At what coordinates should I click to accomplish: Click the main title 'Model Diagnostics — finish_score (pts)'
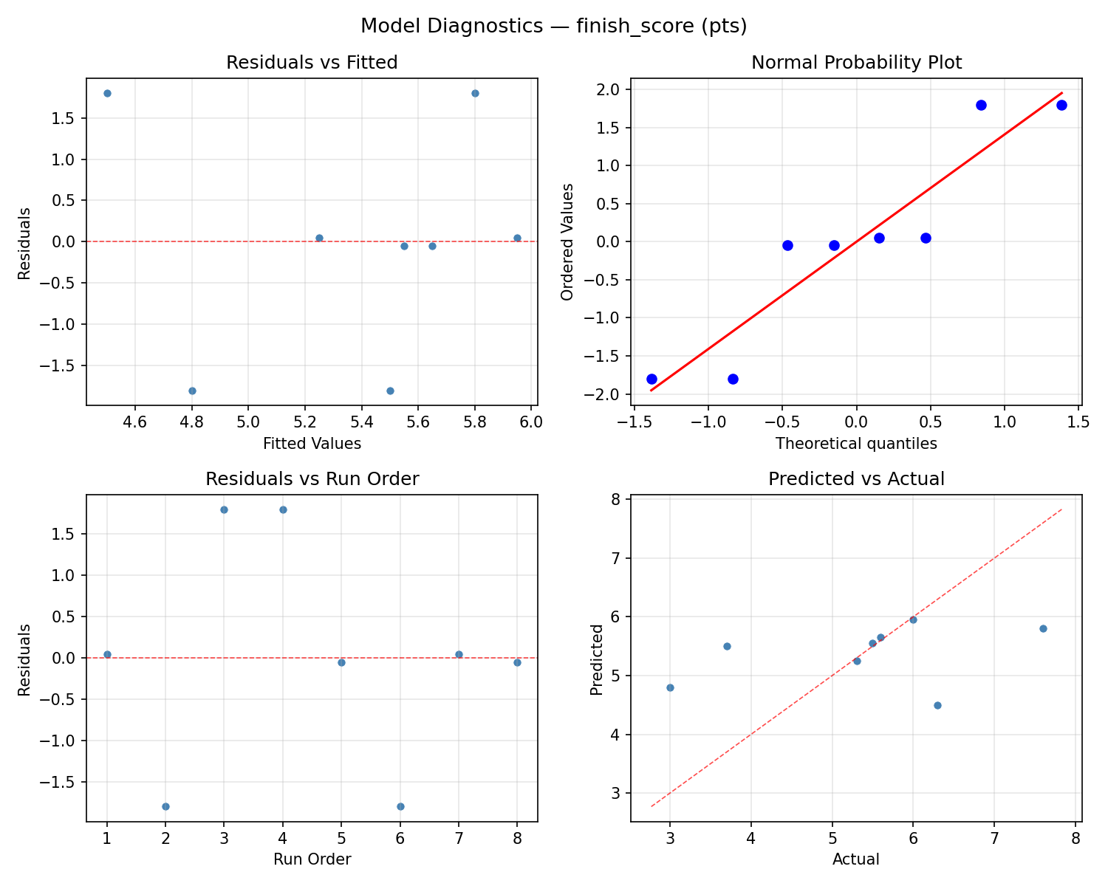point(553,26)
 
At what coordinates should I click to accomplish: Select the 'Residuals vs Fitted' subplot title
point(312,63)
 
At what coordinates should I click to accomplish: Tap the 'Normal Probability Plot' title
point(856,63)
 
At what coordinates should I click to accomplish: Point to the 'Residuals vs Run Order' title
point(312,479)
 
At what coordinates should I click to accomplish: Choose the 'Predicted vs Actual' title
point(856,479)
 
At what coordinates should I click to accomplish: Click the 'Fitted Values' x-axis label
point(312,444)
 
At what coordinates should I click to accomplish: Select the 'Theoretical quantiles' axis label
point(856,444)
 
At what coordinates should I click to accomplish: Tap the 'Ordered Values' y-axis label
point(567,242)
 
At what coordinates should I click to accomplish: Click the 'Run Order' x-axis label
point(312,859)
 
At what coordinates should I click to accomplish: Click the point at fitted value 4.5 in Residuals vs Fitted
point(107,93)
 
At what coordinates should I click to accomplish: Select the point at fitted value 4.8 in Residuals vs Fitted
point(192,391)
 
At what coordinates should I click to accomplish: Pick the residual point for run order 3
point(224,509)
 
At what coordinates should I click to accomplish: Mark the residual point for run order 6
point(400,806)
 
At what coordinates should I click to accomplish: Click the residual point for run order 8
point(517,662)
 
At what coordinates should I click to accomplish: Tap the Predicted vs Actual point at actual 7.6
point(1043,628)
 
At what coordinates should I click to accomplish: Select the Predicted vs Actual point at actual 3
point(670,687)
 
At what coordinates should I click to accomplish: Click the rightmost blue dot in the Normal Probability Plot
point(1061,105)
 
